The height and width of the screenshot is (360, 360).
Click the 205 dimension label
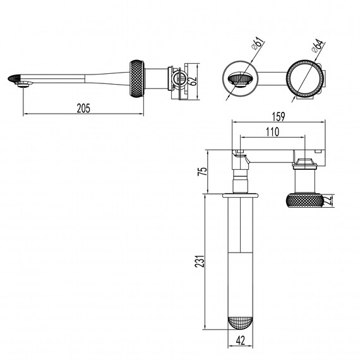(x=83, y=109)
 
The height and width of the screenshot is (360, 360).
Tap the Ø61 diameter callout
(x=258, y=44)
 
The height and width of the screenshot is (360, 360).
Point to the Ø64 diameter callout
(x=318, y=45)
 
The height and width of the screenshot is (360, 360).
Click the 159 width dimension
(x=279, y=117)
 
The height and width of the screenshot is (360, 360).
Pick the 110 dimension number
(x=272, y=132)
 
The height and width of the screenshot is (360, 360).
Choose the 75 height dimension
(x=203, y=171)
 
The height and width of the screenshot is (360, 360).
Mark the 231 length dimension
(x=200, y=261)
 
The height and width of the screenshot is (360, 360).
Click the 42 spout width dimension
(x=240, y=340)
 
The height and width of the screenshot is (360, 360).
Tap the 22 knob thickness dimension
(x=329, y=200)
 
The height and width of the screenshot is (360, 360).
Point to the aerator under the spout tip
(x=23, y=85)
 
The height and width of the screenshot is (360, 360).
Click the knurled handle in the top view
(x=305, y=201)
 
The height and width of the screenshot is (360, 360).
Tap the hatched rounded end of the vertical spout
(x=241, y=323)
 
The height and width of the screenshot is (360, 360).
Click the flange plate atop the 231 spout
(x=240, y=195)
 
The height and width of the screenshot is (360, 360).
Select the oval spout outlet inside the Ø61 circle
(x=241, y=78)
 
